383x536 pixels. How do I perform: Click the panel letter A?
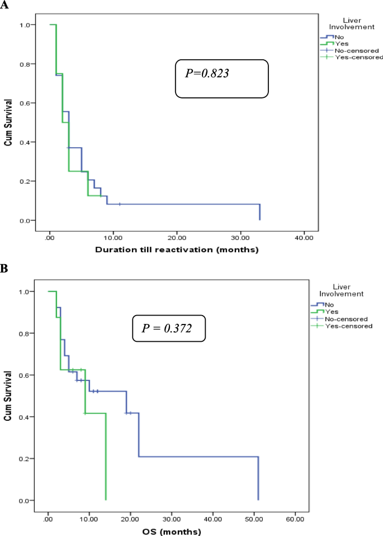pos(4,5)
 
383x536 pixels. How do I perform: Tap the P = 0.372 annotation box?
pos(169,328)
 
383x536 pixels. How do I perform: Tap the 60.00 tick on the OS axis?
pos(295,515)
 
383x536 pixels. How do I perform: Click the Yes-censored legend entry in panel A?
pos(358,57)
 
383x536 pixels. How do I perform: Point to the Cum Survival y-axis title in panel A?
pos(8,123)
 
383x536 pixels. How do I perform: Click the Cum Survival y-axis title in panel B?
pos(8,396)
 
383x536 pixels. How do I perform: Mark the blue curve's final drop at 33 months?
pos(259,212)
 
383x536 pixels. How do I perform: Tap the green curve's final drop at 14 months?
pos(106,456)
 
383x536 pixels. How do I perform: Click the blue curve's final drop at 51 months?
pos(258,478)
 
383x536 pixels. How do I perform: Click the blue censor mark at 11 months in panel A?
pos(120,204)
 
